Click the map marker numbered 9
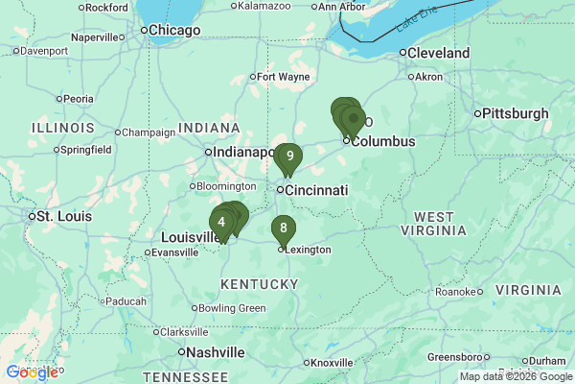pyautogui.click(x=289, y=156)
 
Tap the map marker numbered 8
pyautogui.click(x=283, y=228)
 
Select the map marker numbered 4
pyautogui.click(x=221, y=223)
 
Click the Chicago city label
pyautogui.click(x=172, y=31)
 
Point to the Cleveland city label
pyautogui.click(x=438, y=53)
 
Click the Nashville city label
pyautogui.click(x=216, y=352)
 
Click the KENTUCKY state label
pyautogui.click(x=259, y=284)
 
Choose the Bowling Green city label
pyautogui.click(x=232, y=308)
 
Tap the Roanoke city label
pyautogui.click(x=454, y=291)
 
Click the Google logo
pyautogui.click(x=32, y=372)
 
